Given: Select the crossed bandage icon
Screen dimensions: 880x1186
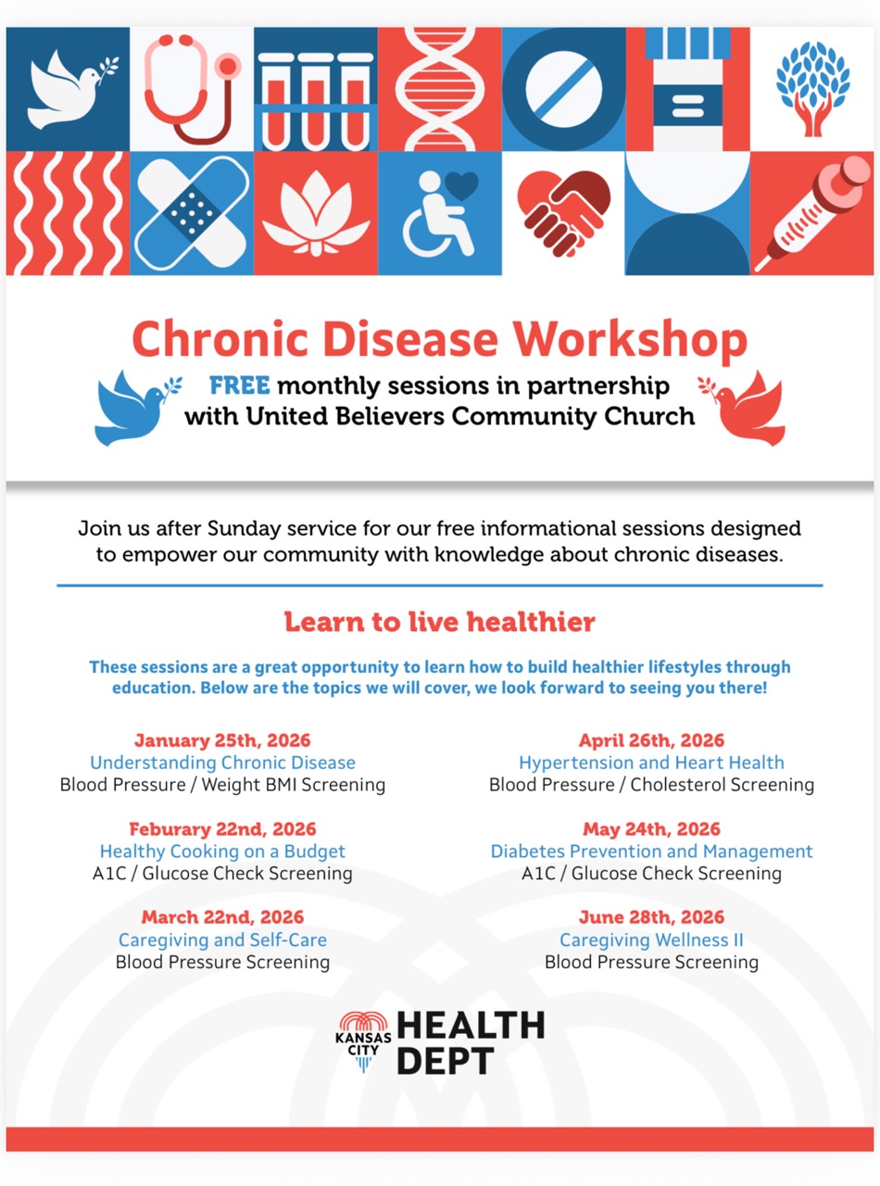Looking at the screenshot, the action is (192, 213).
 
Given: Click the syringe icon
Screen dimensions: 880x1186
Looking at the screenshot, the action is (812, 212).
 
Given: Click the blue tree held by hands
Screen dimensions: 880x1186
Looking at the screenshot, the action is (812, 89).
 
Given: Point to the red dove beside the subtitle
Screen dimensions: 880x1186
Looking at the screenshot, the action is (742, 408).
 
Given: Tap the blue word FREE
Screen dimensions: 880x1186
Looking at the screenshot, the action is (239, 385).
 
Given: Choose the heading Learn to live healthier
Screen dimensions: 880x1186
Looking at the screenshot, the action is (439, 622).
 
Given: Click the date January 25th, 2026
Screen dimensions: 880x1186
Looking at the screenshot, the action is (222, 740).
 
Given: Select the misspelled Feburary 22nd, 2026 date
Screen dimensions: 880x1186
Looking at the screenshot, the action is (222, 828).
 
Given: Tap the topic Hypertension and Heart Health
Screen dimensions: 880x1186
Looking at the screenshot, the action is (651, 763).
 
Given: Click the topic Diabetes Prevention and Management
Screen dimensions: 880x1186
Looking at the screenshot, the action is (651, 852).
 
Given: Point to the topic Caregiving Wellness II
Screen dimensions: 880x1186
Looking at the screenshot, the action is (651, 940).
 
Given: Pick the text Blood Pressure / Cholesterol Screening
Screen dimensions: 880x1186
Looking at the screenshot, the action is (651, 785).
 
